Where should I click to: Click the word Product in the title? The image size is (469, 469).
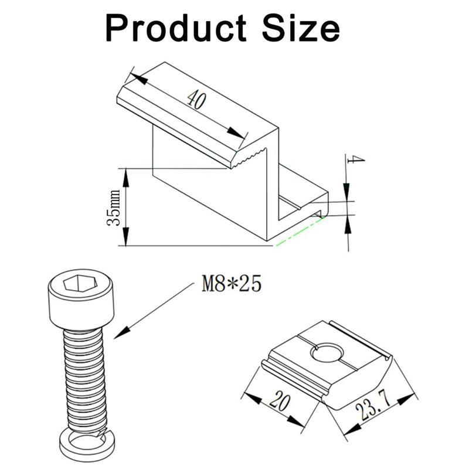176,28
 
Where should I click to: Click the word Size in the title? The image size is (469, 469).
301,28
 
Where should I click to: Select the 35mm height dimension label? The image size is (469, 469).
114,208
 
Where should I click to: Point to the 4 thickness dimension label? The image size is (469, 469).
355,159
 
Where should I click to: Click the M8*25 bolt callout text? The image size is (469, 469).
232,284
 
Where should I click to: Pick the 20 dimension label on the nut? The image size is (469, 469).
280,402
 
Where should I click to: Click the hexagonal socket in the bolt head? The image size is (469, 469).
80,283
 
